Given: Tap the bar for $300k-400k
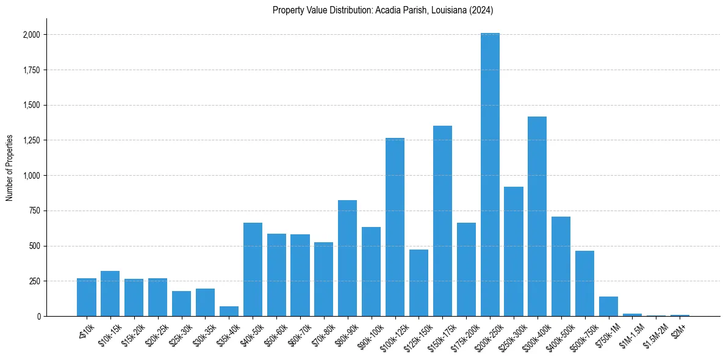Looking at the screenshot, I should [x=537, y=216].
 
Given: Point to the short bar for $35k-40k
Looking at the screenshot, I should [x=229, y=311].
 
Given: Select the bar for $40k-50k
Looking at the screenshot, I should [x=253, y=269].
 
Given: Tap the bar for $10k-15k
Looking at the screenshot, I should [x=110, y=293].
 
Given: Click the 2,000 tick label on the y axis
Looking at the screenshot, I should [x=31, y=35].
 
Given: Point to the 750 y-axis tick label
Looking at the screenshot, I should [x=35, y=211].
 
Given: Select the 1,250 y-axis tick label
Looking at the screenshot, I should [x=31, y=140].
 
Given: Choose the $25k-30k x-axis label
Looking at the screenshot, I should [x=178, y=333].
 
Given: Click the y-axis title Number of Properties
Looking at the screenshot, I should [x=10, y=167].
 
